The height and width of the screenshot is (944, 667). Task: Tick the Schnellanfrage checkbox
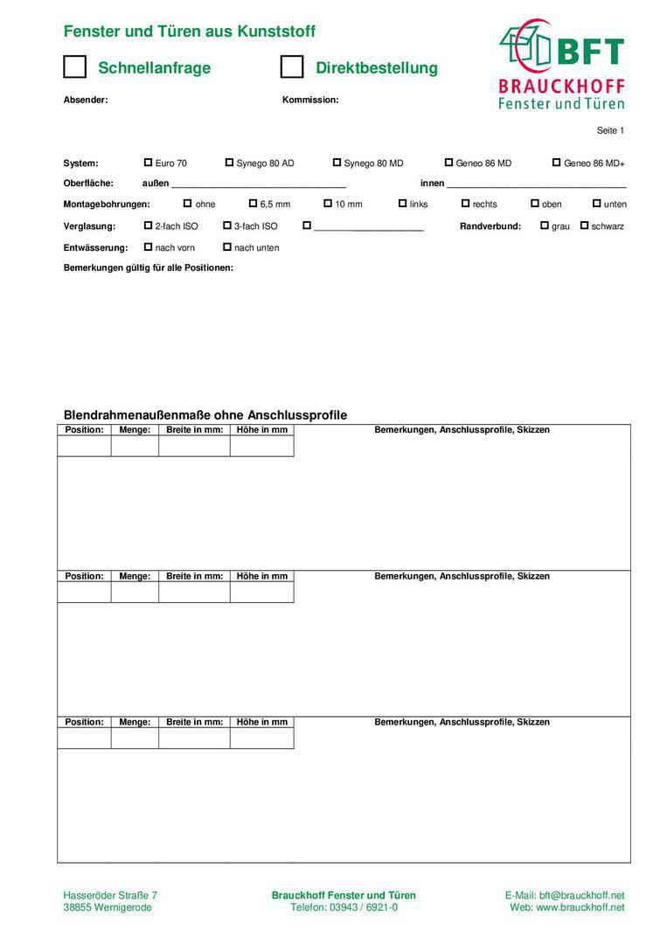click(75, 67)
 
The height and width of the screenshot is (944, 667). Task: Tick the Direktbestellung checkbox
click(292, 67)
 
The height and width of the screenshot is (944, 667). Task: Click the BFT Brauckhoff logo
click(561, 65)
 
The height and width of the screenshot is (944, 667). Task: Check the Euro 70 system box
click(148, 163)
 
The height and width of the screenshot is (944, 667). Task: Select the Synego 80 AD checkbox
click(229, 163)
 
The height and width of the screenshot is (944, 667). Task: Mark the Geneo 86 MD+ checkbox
click(556, 163)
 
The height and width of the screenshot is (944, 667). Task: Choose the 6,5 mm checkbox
click(253, 204)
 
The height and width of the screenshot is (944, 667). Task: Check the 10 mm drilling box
click(328, 204)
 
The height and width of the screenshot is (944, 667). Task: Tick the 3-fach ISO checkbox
click(227, 226)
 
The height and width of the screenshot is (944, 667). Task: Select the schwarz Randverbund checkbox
click(584, 226)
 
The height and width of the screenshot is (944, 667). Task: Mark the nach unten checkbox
click(227, 247)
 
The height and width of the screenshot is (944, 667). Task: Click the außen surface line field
click(259, 184)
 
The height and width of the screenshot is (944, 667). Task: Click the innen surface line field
click(537, 184)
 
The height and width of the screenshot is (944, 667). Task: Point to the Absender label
click(86, 100)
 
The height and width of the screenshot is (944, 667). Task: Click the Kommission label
click(310, 100)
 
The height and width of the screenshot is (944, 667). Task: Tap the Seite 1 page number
click(610, 130)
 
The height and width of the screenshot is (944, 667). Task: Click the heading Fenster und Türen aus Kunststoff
click(190, 31)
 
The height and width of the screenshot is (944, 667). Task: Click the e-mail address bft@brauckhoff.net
click(581, 895)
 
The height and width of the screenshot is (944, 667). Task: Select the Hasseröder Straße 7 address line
click(110, 895)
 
